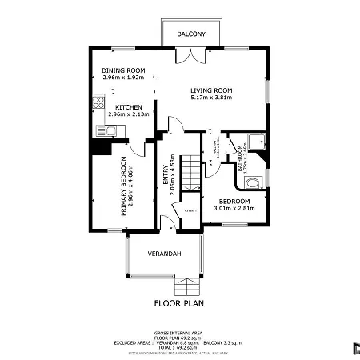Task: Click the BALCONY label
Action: (192, 34)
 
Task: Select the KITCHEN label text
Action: (129, 107)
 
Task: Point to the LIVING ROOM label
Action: (211, 90)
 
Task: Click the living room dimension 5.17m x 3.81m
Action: (211, 98)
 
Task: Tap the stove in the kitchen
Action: (99, 102)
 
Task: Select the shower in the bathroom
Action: (255, 142)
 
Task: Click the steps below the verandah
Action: (186, 286)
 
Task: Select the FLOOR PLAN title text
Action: (180, 304)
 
